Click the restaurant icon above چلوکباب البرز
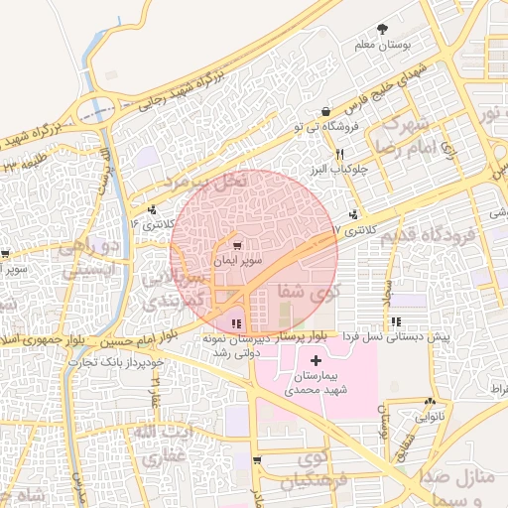(x=339, y=153)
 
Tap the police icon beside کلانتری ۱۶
(x=152, y=209)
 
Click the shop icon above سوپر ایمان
(x=236, y=246)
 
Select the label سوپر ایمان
(x=236, y=261)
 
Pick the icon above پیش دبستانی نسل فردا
(x=397, y=321)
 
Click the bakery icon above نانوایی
(x=430, y=403)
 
